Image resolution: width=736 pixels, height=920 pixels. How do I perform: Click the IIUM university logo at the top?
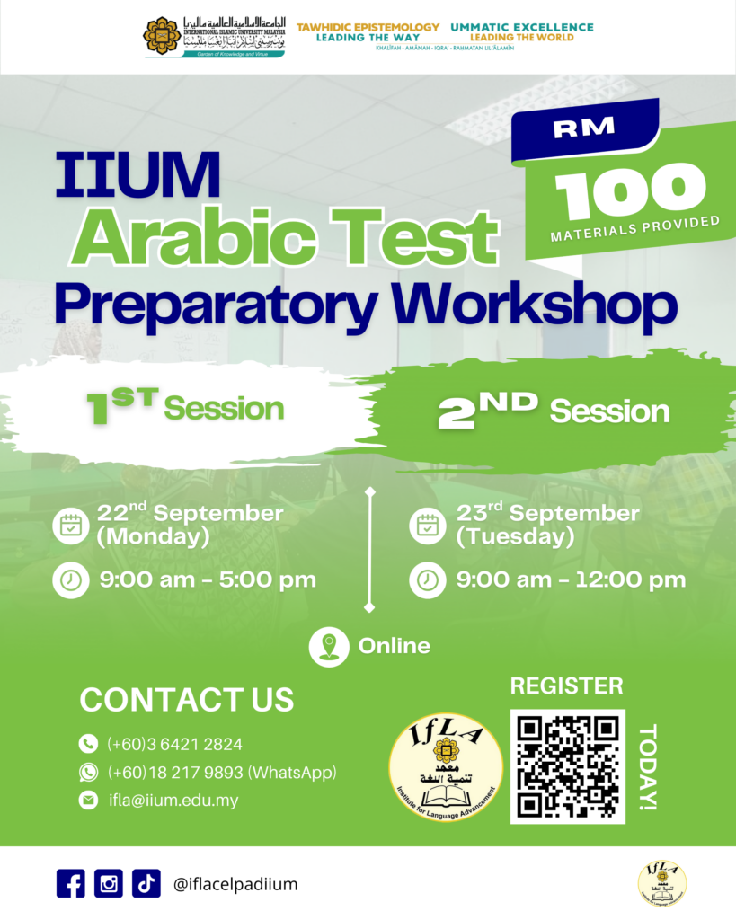(214, 37)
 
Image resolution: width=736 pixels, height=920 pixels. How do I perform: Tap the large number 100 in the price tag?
(630, 191)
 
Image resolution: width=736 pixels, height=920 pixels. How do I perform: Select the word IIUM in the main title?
(137, 175)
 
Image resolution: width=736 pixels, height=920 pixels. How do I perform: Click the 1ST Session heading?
(185, 409)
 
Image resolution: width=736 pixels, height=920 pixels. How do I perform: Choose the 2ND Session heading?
(553, 411)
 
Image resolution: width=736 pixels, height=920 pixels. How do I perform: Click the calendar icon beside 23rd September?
(427, 526)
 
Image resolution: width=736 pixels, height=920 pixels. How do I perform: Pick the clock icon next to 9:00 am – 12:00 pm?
(427, 579)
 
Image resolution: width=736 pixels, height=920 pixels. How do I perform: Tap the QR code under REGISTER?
(567, 766)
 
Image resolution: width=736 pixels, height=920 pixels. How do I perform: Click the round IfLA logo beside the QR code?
(446, 766)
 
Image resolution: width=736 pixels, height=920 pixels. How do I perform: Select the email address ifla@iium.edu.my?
(173, 800)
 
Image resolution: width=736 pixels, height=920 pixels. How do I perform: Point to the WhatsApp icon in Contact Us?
(88, 772)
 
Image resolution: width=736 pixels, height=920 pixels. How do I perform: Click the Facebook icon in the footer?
(70, 883)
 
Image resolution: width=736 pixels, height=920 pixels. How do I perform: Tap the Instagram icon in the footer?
(108, 883)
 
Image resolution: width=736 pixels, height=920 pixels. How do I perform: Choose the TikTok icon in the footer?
(146, 883)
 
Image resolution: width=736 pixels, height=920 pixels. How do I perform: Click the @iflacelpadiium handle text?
(235, 884)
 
